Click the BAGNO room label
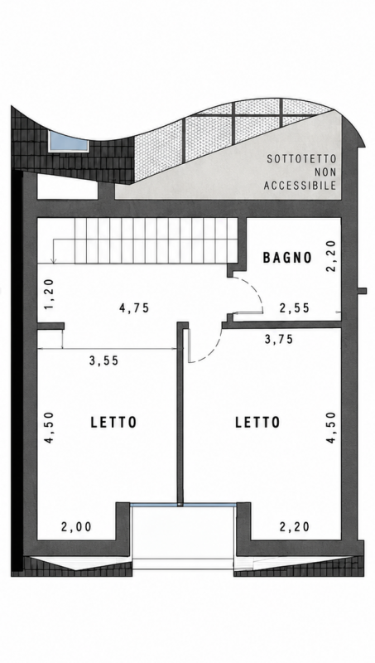(287, 257)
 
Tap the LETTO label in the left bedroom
(114, 423)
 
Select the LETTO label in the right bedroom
(257, 423)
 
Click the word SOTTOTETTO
(301, 159)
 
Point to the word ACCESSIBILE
(300, 185)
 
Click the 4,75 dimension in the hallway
(134, 307)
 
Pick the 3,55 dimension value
(103, 361)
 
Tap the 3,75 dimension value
(278, 339)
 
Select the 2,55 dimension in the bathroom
(295, 307)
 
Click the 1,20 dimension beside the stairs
(49, 294)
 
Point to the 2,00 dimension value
(76, 527)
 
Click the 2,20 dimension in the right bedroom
(295, 527)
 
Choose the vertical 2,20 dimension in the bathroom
(331, 255)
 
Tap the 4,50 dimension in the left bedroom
(49, 428)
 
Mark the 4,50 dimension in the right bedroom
(331, 428)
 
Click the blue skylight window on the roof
(68, 142)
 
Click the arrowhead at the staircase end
(54, 261)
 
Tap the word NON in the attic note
(325, 172)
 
